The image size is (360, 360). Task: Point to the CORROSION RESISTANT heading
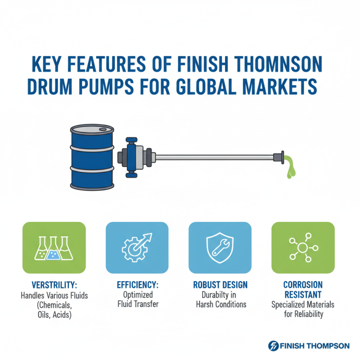(x=303, y=289)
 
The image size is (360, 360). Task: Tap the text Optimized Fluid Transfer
(x=137, y=299)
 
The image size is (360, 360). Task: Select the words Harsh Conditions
(x=221, y=304)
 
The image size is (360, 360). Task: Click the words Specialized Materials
(x=303, y=305)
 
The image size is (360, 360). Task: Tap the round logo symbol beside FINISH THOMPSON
(x=273, y=346)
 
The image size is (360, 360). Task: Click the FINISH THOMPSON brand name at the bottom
(x=314, y=346)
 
